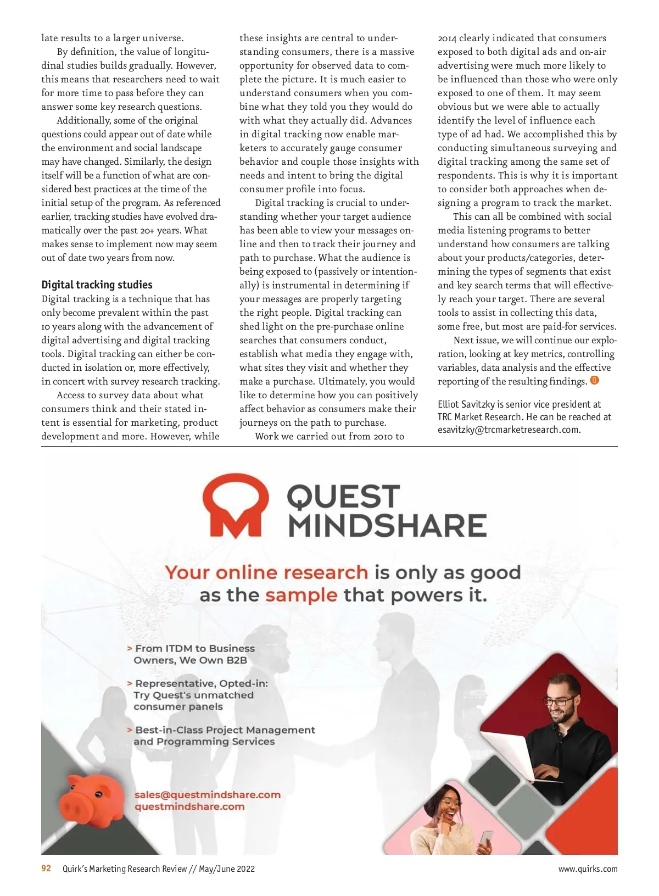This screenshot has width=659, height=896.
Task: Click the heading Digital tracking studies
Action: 97,285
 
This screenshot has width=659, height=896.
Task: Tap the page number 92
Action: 46,869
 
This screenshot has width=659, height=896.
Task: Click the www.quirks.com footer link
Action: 588,869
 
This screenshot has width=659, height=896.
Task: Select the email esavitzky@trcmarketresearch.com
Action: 508,430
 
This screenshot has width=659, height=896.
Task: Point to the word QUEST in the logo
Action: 343,496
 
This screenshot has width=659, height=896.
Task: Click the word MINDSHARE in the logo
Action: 387,525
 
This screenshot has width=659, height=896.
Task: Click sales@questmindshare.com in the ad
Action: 207,794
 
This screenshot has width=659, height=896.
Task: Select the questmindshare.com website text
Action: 189,806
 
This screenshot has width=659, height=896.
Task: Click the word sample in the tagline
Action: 301,595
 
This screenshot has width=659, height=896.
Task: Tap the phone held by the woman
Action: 487,839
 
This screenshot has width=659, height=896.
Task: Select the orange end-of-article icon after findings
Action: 594,380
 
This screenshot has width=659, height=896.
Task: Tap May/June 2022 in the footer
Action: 227,869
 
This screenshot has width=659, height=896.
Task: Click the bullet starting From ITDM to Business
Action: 192,654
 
